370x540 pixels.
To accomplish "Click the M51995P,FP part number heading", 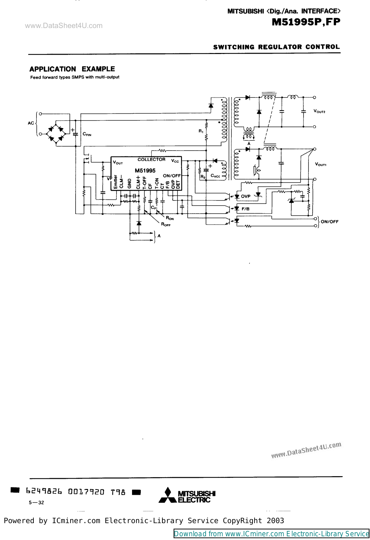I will coord(306,22).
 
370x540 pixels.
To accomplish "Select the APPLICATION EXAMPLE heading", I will coord(72,69).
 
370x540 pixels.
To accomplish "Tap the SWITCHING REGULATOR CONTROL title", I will coord(276,47).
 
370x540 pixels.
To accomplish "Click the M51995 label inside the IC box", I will coord(145,171).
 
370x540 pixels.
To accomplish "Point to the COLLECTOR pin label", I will coord(151,160).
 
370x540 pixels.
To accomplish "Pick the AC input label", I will coord(31,123).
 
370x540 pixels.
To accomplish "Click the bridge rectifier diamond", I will coord(56,134).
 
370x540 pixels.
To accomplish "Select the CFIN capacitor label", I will coord(87,134).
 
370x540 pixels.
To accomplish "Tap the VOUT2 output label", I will coord(319,111).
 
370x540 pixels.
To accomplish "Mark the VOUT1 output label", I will coord(321,164).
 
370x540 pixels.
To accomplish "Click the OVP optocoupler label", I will coord(245,196).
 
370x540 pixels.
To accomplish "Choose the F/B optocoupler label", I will coord(245,209).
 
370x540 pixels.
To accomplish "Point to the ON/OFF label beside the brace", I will coord(329,222).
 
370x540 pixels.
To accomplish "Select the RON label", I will coord(170,218).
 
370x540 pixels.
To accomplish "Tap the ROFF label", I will coord(166,224).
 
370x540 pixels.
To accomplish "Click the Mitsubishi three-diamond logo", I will coord(167,495).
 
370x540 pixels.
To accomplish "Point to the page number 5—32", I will coord(36,503).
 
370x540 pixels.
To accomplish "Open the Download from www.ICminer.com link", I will coord(271,534).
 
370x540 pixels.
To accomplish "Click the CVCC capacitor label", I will coord(215,176).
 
